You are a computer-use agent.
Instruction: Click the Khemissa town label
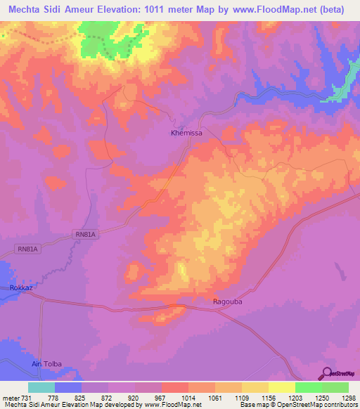[186, 132]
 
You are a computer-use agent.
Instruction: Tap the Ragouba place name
[228, 301]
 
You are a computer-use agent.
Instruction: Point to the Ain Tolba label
[47, 363]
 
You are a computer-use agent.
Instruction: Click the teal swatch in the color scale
[41, 387]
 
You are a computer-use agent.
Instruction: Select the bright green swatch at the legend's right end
[335, 387]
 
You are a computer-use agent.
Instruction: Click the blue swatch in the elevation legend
[67, 387]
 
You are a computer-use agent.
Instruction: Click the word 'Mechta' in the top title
[29, 9]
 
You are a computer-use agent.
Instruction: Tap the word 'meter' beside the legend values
[11, 398]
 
